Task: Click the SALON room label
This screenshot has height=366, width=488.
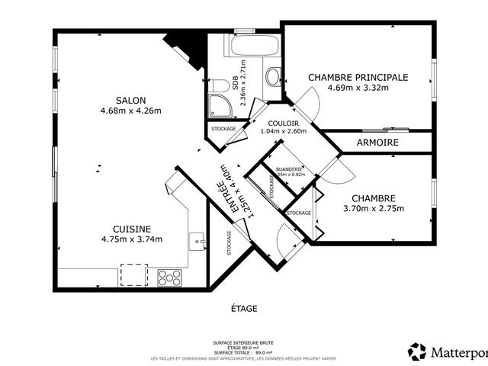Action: [x=130, y=100]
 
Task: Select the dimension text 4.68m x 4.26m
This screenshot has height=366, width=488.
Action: [x=130, y=111]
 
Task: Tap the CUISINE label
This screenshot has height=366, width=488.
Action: [x=131, y=229]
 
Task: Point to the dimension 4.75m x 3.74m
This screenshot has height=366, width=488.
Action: [x=131, y=239]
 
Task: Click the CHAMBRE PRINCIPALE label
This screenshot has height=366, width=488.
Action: [x=358, y=77]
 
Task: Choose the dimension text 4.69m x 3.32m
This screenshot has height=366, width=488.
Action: [x=358, y=88]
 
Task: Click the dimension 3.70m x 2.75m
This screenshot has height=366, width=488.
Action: [x=374, y=209]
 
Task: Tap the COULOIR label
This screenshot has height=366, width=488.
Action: [x=283, y=123]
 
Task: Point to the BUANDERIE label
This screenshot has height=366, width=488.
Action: [x=290, y=169]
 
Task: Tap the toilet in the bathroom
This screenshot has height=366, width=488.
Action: [x=272, y=76]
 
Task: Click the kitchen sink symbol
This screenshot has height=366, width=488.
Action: [x=201, y=242]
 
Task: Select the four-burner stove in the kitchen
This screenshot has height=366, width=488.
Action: [x=169, y=277]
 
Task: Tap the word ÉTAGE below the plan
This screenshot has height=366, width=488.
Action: [x=244, y=309]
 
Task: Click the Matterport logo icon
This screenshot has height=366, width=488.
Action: [x=418, y=352]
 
